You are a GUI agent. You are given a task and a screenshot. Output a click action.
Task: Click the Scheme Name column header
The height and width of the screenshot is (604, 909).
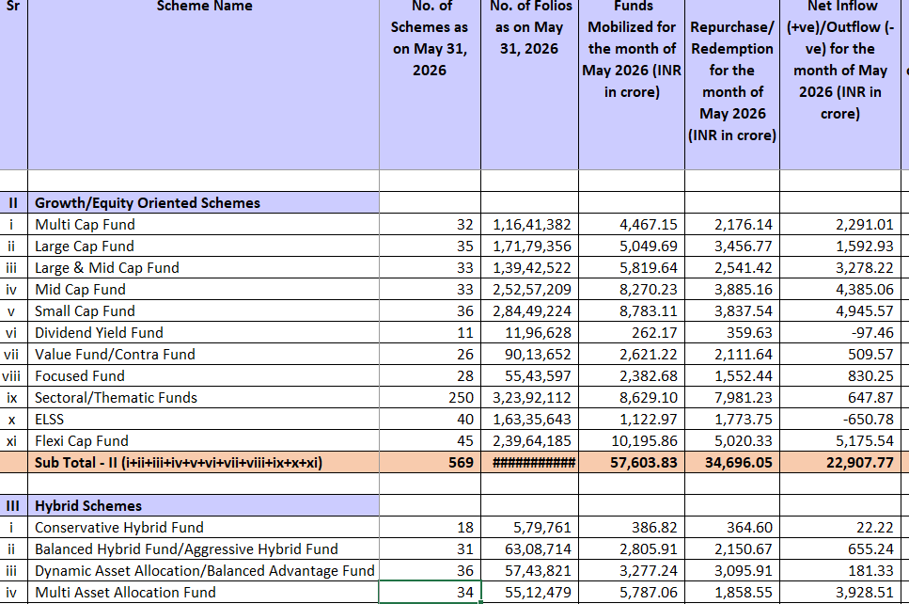point(204,6)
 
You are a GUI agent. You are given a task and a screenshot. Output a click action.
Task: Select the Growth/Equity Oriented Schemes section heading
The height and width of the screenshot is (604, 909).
point(148,203)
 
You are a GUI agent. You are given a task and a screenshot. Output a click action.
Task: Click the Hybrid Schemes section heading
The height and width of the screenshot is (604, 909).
point(88,506)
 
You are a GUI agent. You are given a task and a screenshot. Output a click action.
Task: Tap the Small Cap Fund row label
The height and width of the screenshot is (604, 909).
point(85,311)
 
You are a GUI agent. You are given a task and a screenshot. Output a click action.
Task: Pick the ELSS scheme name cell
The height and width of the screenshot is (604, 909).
point(49,420)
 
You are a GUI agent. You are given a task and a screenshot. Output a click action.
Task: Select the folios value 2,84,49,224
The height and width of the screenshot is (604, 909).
point(532,311)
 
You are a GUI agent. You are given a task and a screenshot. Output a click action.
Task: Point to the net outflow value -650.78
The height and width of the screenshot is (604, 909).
point(865,420)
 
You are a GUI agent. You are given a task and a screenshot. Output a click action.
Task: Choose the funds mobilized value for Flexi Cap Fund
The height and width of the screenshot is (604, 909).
point(644,441)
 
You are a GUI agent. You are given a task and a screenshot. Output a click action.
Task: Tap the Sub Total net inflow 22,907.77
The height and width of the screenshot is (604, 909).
point(860,463)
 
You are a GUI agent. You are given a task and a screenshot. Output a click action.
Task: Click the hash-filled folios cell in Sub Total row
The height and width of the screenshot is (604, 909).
point(533,463)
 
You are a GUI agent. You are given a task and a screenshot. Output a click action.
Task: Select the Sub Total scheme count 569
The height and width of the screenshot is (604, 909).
point(461,463)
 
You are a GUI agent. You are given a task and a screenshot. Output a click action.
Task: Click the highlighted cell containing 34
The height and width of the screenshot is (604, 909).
point(430,593)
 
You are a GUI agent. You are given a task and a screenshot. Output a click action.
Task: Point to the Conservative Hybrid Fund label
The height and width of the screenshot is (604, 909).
point(118,528)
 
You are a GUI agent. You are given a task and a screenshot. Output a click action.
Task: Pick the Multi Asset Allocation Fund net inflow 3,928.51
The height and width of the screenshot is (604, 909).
point(865,593)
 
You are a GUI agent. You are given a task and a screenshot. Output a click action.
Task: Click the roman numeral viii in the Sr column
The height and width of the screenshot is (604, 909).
point(11,376)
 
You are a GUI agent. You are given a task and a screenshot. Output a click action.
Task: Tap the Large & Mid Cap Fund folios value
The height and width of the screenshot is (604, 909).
point(532,268)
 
